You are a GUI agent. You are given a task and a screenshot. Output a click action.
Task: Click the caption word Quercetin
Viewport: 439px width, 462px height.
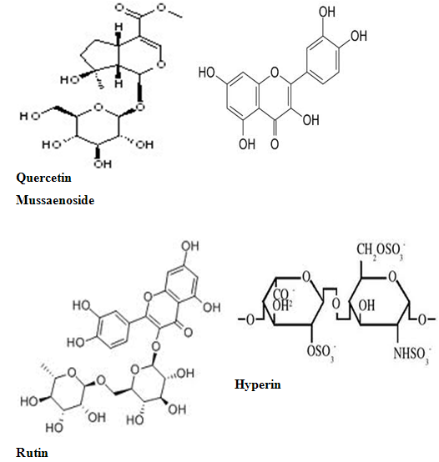[x=43, y=178]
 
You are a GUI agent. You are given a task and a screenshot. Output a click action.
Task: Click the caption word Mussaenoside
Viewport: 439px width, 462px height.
[x=55, y=200]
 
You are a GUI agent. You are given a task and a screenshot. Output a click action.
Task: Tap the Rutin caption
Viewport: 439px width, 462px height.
[x=32, y=453]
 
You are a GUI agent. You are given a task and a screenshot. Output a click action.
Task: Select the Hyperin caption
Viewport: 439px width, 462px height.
[x=258, y=384]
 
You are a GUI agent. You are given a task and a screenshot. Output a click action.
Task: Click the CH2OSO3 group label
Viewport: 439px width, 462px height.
[x=381, y=250]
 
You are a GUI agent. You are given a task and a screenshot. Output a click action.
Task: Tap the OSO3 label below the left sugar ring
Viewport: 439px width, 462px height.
[x=320, y=352]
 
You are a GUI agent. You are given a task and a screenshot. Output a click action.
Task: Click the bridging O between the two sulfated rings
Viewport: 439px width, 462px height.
[x=336, y=304]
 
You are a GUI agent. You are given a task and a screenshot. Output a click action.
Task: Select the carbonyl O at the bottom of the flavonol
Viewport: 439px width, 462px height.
[x=275, y=143]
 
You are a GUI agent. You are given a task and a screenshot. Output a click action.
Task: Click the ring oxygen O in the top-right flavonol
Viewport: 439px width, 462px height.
[x=275, y=72]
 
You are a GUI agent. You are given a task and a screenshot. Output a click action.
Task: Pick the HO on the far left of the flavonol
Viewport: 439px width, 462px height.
[x=207, y=73]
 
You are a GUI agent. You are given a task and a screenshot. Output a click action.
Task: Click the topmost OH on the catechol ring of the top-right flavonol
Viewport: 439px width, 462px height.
[x=327, y=12]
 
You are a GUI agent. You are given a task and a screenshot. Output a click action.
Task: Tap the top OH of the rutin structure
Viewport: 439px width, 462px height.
[x=190, y=246]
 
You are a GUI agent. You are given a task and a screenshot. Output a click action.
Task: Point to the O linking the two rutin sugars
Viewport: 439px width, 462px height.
[x=101, y=380]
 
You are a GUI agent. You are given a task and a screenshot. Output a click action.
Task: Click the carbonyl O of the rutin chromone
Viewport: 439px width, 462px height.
[x=188, y=332]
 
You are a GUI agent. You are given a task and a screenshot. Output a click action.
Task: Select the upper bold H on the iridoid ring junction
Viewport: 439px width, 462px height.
[x=119, y=28]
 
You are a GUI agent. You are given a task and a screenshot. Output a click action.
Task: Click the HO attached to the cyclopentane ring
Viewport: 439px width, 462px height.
[x=70, y=79]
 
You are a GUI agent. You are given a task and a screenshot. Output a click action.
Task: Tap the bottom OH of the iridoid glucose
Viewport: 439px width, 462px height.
[x=103, y=163]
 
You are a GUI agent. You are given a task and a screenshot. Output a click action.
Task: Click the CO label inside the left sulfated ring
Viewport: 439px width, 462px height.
[x=281, y=294]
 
